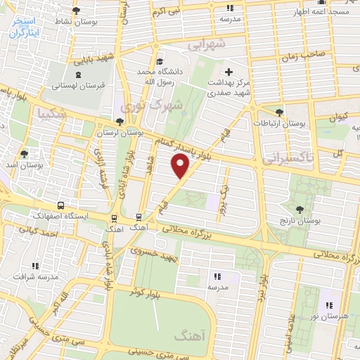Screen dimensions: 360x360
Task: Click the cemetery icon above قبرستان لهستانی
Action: pos(76,74)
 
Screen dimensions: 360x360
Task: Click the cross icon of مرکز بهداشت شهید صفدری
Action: pos(229,72)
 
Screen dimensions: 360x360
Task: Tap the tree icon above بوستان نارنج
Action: pos(300,209)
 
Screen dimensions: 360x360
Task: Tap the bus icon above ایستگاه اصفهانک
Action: pos(62,206)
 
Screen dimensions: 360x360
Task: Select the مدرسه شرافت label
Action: pos(35,277)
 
